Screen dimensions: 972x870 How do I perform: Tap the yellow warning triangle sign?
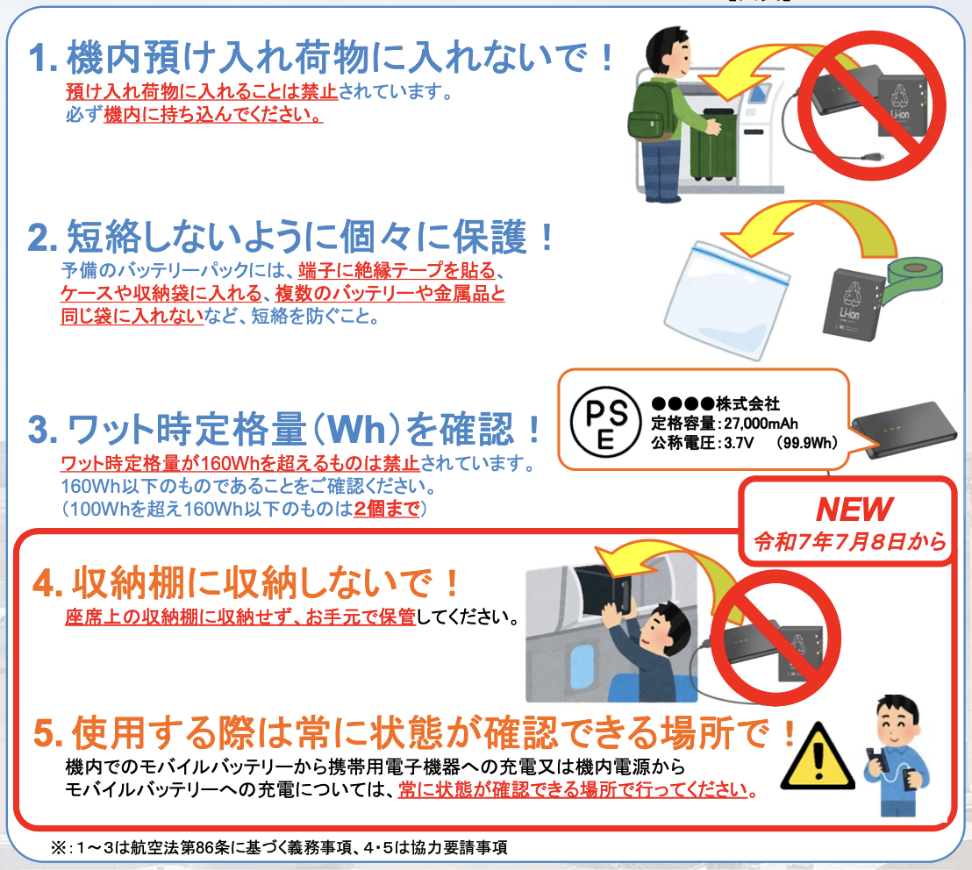(x=818, y=758)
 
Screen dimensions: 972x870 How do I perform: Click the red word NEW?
(x=854, y=510)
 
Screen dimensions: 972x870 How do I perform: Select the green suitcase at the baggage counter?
(x=713, y=145)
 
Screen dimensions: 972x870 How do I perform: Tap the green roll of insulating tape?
(x=911, y=280)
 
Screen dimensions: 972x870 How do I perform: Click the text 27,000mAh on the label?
(x=761, y=424)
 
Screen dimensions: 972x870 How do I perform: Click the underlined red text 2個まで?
(x=387, y=509)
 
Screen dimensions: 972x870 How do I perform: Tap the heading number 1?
(x=43, y=58)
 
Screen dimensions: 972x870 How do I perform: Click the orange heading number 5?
(x=47, y=733)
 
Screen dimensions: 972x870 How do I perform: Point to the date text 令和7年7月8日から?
(x=849, y=542)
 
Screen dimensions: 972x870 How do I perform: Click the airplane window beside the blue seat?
(x=582, y=663)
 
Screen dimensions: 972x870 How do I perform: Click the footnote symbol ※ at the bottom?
(x=59, y=848)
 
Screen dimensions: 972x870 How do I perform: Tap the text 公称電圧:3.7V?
(x=703, y=443)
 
